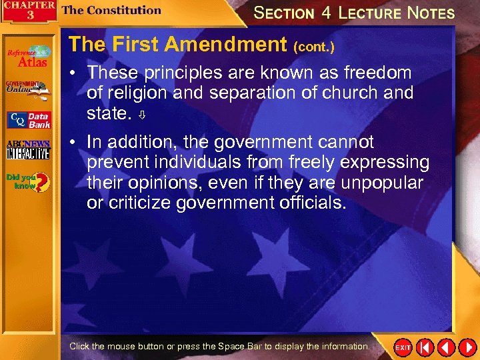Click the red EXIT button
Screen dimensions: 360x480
[x=403, y=347]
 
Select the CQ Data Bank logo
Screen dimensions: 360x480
[x=28, y=120]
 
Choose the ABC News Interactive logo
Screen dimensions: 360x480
[x=28, y=150]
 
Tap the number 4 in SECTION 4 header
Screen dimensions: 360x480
[x=325, y=12]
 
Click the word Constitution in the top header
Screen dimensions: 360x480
[x=123, y=10]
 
